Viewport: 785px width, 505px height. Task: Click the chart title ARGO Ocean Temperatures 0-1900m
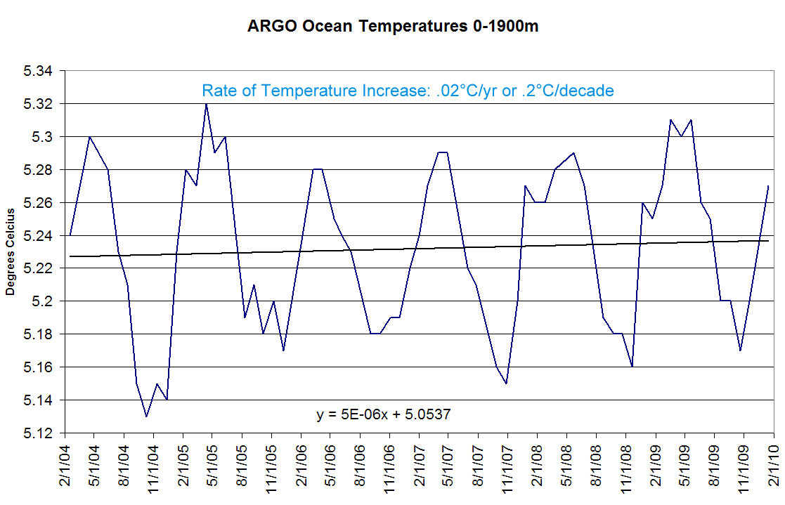(x=393, y=27)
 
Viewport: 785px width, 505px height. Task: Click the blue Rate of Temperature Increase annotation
(x=408, y=91)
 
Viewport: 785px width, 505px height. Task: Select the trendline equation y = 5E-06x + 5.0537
(x=383, y=414)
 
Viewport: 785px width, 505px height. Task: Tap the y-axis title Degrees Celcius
(x=11, y=251)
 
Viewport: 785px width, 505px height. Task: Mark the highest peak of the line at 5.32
(x=206, y=104)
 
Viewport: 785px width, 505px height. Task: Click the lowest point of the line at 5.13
(x=146, y=417)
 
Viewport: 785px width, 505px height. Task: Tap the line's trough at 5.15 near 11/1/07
(x=506, y=383)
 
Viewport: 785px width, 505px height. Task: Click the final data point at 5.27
(x=769, y=186)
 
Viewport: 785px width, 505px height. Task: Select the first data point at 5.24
(x=71, y=235)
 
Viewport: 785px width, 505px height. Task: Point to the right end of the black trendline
(x=769, y=241)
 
